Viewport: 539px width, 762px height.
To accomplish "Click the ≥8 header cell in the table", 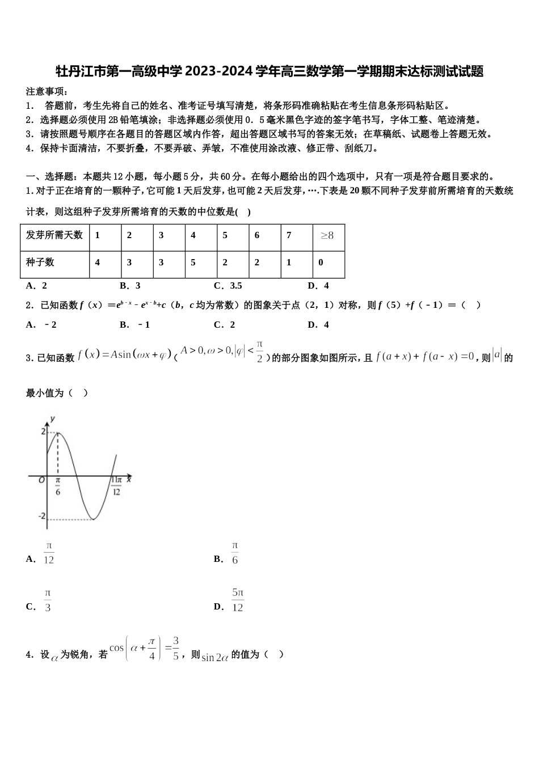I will (x=328, y=235).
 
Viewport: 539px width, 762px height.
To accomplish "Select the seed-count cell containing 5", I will (x=193, y=263).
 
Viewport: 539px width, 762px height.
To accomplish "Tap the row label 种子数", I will (x=40, y=263).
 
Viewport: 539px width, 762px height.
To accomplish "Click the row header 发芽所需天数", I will (x=54, y=235).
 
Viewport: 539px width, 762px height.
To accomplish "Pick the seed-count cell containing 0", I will (x=321, y=263).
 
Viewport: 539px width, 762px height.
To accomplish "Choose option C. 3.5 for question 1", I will (x=228, y=286).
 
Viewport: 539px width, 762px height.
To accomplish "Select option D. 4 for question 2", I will (x=318, y=325).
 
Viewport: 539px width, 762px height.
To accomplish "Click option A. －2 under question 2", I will (x=41, y=325).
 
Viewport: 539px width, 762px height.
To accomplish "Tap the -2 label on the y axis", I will (x=41, y=517).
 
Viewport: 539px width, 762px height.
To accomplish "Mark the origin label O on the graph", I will (x=41, y=480).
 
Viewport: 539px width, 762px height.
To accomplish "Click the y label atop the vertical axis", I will (x=52, y=418).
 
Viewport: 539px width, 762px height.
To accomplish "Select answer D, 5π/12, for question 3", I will (x=238, y=600).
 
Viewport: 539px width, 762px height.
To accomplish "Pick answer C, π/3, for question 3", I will (x=48, y=601).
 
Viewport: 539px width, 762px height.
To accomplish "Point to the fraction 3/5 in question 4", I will (x=176, y=648).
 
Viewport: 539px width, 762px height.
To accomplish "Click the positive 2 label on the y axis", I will (x=43, y=432).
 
